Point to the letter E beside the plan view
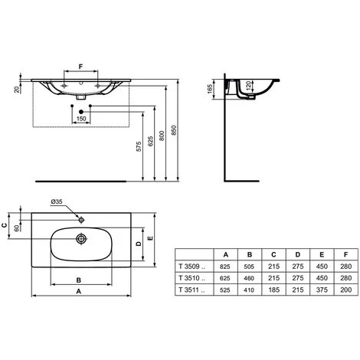154,238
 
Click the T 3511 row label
189,290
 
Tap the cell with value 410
250,290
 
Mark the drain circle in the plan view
79,237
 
